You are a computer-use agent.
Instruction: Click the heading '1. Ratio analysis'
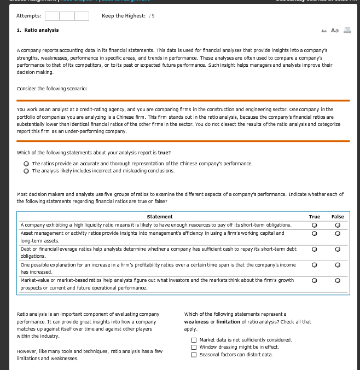(38, 30)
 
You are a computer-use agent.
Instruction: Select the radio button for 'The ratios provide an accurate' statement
(26, 164)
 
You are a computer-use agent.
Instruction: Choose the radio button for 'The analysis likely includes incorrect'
(26, 171)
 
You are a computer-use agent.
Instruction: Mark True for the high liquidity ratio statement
(315, 225)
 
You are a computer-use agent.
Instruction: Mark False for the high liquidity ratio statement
(338, 225)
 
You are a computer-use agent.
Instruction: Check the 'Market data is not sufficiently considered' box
(194, 340)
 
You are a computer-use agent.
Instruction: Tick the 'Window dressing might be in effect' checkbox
(194, 347)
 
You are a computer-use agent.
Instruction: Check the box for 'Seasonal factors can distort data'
(194, 355)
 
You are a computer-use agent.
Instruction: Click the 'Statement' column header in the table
(160, 217)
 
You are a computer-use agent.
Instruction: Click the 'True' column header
(315, 217)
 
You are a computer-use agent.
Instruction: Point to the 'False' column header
(338, 217)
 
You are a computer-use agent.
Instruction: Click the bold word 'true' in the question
(164, 153)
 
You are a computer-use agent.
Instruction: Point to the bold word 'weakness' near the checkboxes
(196, 322)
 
